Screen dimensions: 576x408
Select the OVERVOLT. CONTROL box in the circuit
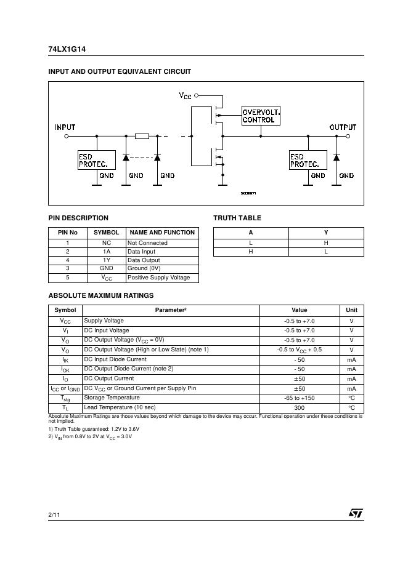click(x=260, y=116)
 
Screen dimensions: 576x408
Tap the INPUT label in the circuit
click(x=65, y=127)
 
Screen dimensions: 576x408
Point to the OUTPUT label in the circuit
click(x=343, y=127)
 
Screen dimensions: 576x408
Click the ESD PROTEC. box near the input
click(x=96, y=161)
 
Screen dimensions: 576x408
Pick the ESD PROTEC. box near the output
click(x=308, y=161)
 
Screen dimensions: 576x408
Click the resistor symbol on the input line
click(x=142, y=136)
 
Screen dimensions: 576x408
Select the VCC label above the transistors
click(x=185, y=96)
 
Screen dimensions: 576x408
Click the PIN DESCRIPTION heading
click(x=78, y=218)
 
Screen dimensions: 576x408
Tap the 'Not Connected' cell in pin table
click(x=147, y=243)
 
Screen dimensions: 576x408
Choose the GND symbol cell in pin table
click(x=107, y=268)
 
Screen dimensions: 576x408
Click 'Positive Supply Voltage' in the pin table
click(x=159, y=278)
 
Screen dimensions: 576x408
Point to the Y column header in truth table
click(x=326, y=233)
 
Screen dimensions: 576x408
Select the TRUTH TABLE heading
click(x=237, y=218)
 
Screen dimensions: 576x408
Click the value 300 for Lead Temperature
click(x=300, y=408)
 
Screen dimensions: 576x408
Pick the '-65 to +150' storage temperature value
click(x=300, y=398)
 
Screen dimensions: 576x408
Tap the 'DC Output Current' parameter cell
click(x=109, y=378)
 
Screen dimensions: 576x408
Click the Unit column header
click(x=351, y=310)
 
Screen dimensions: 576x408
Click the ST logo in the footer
click(x=356, y=513)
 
